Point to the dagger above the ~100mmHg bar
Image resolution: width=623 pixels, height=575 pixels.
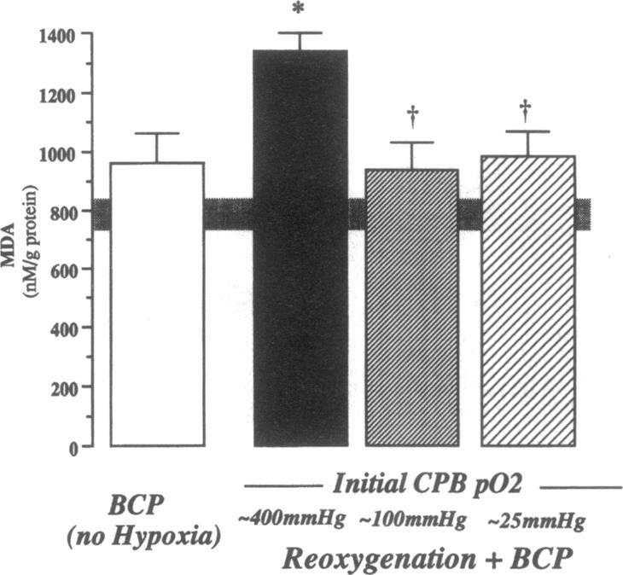pyautogui.click(x=412, y=114)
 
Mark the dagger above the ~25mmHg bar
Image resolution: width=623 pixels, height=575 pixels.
pyautogui.click(x=527, y=107)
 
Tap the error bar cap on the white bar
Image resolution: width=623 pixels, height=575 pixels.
pyautogui.click(x=157, y=133)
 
